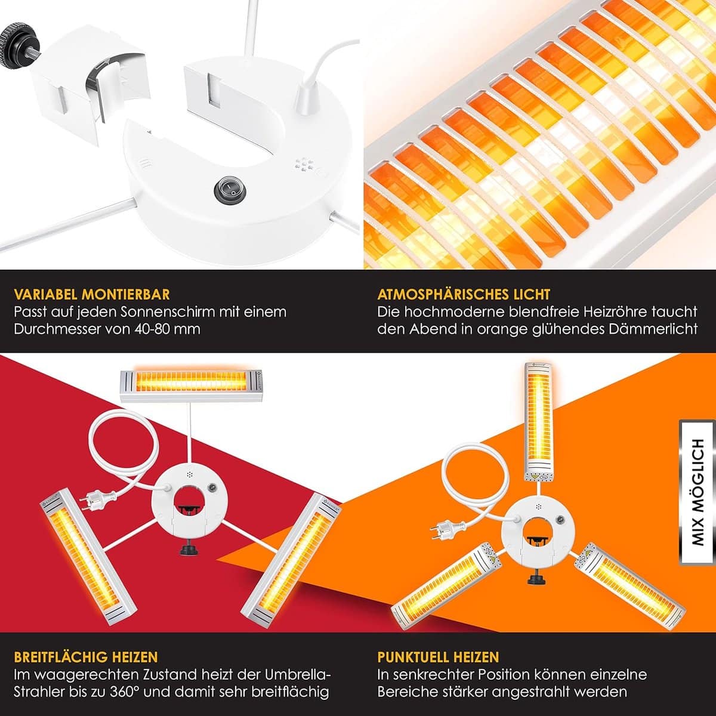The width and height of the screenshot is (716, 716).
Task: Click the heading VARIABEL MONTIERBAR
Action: click(x=92, y=294)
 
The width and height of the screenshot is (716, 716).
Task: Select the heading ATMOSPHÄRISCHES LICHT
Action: click(x=464, y=294)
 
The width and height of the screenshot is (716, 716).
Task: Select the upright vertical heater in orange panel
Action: click(x=539, y=422)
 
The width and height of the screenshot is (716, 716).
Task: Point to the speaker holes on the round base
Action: click(x=303, y=164)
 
